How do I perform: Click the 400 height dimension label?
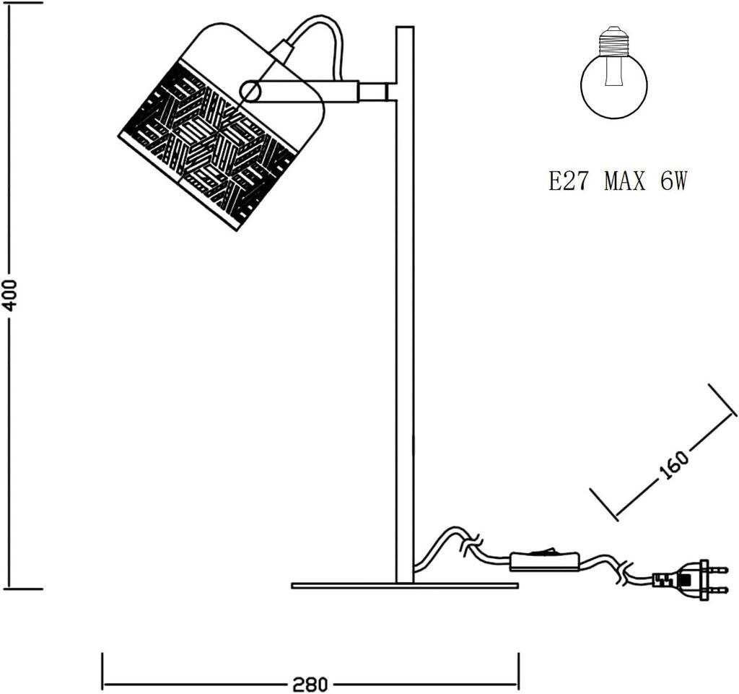click(x=9, y=295)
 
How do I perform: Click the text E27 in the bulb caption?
click(x=567, y=181)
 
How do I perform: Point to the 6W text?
click(x=673, y=181)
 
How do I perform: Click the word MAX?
click(x=624, y=181)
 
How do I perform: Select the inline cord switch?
click(x=545, y=561)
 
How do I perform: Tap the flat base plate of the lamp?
click(x=405, y=586)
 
